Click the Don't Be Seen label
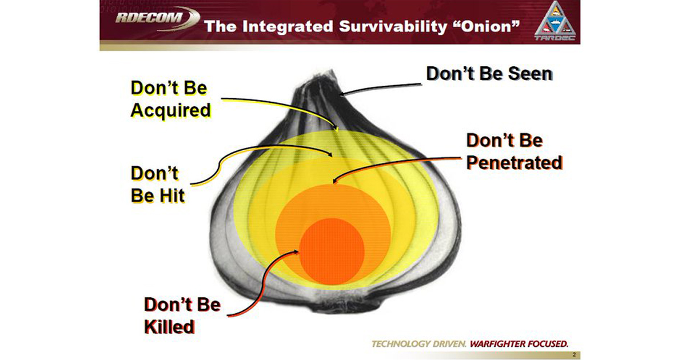pyautogui.click(x=489, y=74)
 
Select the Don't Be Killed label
pyautogui.click(x=182, y=315)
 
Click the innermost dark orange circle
pyautogui.click(x=332, y=250)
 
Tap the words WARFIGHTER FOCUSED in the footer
pyautogui.click(x=519, y=344)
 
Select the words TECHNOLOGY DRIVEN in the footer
pyautogui.click(x=418, y=344)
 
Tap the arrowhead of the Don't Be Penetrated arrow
pyautogui.click(x=334, y=182)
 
